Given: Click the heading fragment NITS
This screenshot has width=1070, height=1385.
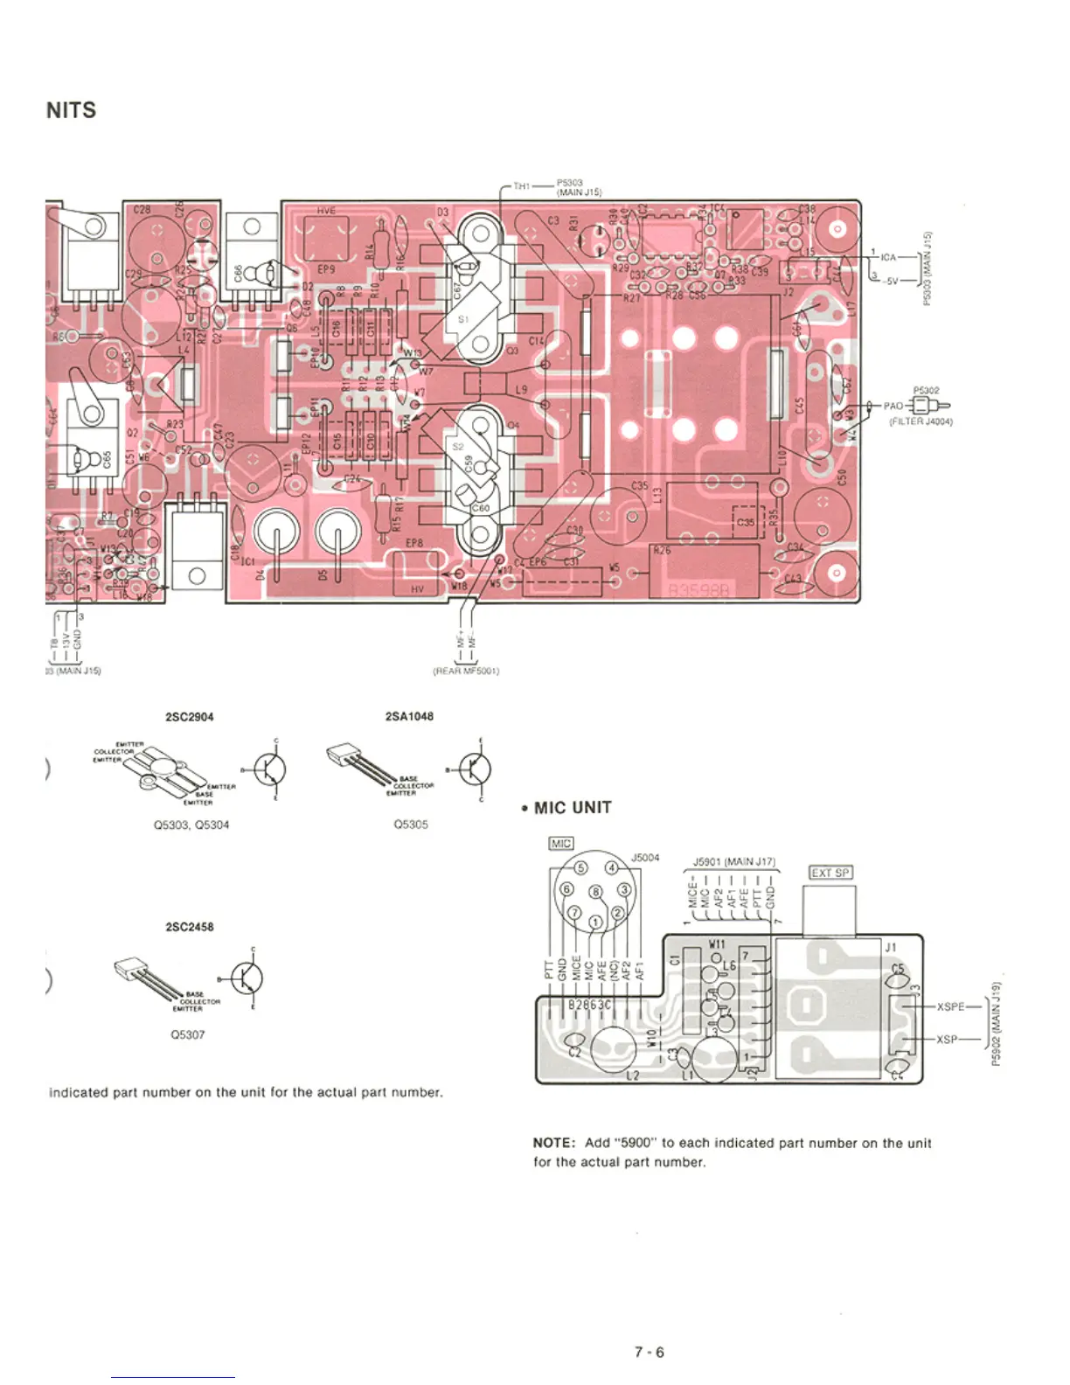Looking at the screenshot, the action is pos(71,110).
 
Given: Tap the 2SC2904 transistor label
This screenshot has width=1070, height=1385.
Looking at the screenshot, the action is pos(190,717).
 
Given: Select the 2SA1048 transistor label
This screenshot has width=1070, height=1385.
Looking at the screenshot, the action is pos(409,716).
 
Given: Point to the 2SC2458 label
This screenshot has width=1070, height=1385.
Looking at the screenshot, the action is pos(190,927).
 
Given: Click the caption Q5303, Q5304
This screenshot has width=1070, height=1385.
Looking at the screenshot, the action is pos(191,825).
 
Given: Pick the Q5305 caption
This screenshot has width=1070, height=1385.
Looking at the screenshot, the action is pos(411,824).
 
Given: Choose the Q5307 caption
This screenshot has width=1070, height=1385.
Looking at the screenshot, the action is pos(188,1034).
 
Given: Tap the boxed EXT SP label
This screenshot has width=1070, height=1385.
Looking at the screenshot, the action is pos(830,873).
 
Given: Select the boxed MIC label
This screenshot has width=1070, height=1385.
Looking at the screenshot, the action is pos(560,843).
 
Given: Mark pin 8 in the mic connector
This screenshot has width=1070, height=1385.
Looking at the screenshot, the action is pos(597,892).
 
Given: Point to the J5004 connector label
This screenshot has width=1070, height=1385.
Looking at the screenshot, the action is pos(645,858).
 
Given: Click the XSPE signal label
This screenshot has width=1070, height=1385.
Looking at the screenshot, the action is pos(951,1006).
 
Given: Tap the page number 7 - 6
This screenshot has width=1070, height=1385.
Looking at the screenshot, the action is pos(649,1352).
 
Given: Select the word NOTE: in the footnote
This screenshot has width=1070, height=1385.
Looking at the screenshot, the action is pos(553,1143).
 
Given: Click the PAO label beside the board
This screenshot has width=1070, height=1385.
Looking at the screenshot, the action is pos(893,406).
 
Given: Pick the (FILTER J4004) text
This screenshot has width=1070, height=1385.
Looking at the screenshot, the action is pos(921,421).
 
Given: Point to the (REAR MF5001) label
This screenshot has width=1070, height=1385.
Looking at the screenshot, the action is pos(466,672).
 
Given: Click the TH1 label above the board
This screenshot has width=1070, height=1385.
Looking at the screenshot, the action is pos(521,186).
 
